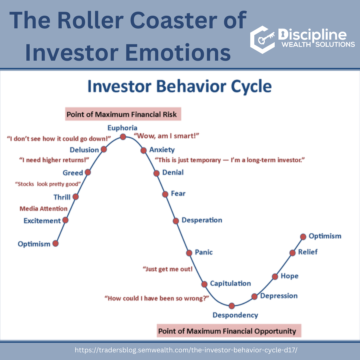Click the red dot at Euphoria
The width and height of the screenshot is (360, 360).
click(123, 137)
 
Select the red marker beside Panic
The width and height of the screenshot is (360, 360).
click(189, 253)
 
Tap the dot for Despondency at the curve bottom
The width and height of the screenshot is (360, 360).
click(232, 306)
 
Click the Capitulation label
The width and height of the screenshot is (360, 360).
click(230, 284)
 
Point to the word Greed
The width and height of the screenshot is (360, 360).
click(73, 173)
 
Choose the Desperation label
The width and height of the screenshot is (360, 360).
click(202, 220)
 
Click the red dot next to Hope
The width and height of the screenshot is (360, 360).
click(275, 277)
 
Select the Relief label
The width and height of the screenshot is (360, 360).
click(308, 252)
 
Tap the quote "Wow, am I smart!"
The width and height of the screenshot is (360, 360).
click(166, 136)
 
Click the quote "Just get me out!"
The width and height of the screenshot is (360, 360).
click(168, 269)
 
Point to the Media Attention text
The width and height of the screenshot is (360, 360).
click(43, 208)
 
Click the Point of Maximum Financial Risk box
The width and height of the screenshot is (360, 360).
click(123, 114)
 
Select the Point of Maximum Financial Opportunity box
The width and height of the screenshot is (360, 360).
click(229, 331)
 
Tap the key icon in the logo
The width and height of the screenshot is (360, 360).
click(266, 38)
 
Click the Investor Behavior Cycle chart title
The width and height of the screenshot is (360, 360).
click(180, 86)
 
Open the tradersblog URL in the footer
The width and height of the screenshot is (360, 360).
click(186, 350)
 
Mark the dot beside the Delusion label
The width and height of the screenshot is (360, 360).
click(104, 149)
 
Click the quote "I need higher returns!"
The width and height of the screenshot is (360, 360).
click(54, 160)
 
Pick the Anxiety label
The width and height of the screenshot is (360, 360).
click(162, 150)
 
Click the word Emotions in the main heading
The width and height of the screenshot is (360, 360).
click(178, 53)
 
